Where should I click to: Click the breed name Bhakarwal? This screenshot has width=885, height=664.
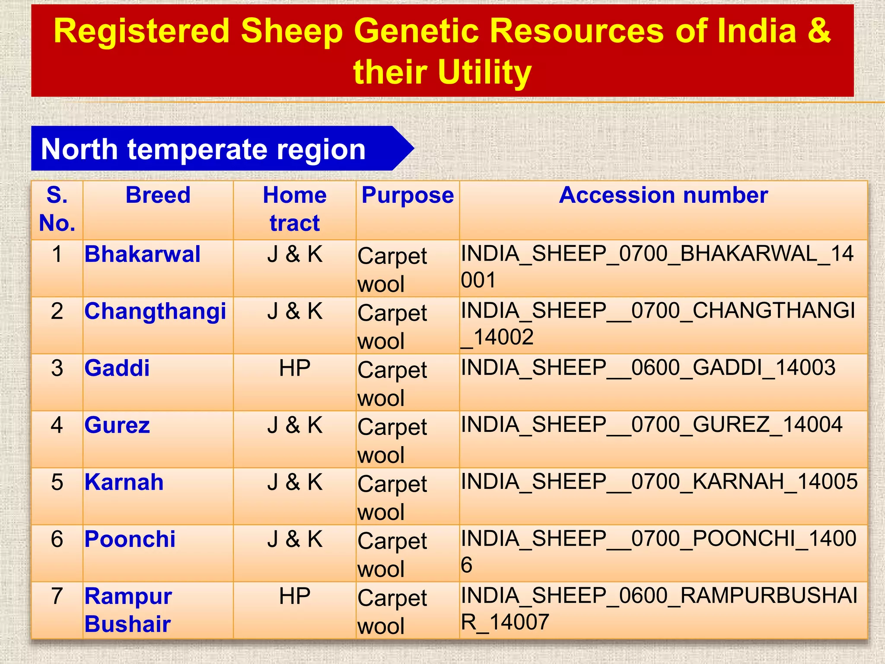point(142,254)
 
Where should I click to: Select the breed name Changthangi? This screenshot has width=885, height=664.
point(155,312)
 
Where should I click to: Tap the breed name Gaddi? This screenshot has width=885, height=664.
point(117,368)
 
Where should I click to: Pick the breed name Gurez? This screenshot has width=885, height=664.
point(117,425)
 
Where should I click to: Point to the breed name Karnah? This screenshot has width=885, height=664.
point(124,482)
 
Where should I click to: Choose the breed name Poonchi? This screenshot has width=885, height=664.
point(130,539)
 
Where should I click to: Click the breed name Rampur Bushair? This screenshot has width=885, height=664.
point(128,610)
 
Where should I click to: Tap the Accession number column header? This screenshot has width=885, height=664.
point(663,195)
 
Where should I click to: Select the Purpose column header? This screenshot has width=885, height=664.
point(407,195)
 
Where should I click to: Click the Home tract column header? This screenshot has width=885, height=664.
point(295,209)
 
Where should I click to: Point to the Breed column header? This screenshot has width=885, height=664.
point(158,195)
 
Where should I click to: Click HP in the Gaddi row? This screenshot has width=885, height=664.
point(295,368)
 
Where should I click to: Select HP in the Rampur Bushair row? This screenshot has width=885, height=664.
point(295,597)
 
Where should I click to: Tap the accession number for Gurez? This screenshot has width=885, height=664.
point(651,425)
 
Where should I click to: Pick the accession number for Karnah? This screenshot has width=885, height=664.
point(659,482)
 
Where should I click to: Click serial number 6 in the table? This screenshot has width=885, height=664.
point(57,539)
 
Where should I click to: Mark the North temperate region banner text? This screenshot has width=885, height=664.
point(203,150)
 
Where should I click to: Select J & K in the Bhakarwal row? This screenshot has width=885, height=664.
point(295,254)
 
